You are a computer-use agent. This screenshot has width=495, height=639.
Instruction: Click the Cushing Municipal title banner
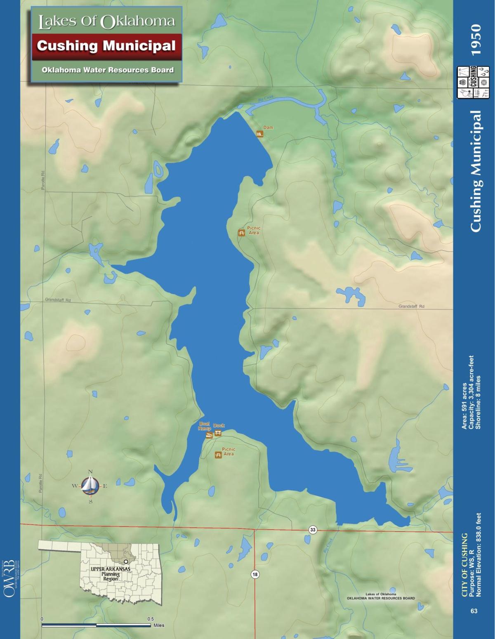pyautogui.click(x=106, y=46)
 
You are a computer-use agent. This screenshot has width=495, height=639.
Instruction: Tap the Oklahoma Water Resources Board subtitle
pyautogui.click(x=107, y=70)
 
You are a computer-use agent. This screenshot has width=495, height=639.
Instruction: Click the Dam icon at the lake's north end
pyautogui.click(x=259, y=134)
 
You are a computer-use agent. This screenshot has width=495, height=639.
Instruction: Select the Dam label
pyautogui.click(x=268, y=127)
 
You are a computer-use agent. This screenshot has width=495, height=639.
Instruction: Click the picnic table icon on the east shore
pyautogui.click(x=241, y=233)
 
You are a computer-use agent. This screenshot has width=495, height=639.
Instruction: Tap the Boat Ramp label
pyautogui.click(x=205, y=426)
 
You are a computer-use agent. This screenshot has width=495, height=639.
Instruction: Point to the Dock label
pyautogui.click(x=219, y=425)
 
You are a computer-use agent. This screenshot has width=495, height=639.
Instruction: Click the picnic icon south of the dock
pyautogui.click(x=218, y=455)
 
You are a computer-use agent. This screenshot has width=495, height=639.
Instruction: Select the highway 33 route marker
pyautogui.click(x=313, y=530)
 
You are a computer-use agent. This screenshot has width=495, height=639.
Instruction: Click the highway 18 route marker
pyautogui.click(x=255, y=574)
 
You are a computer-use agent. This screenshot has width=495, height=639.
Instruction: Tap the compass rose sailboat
pyautogui.click(x=90, y=486)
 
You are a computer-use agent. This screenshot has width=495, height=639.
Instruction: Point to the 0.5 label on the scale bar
pyautogui.click(x=151, y=619)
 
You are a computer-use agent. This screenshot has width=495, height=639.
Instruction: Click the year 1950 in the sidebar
pyautogui.click(x=476, y=40)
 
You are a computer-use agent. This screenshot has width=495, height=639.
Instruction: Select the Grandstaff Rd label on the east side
pyautogui.click(x=411, y=307)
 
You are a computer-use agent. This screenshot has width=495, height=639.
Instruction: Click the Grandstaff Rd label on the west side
pyautogui.click(x=58, y=300)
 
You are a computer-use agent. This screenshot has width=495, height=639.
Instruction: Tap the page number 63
pyautogui.click(x=474, y=611)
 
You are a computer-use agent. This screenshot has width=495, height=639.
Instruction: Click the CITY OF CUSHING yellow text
pyautogui.click(x=464, y=565)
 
